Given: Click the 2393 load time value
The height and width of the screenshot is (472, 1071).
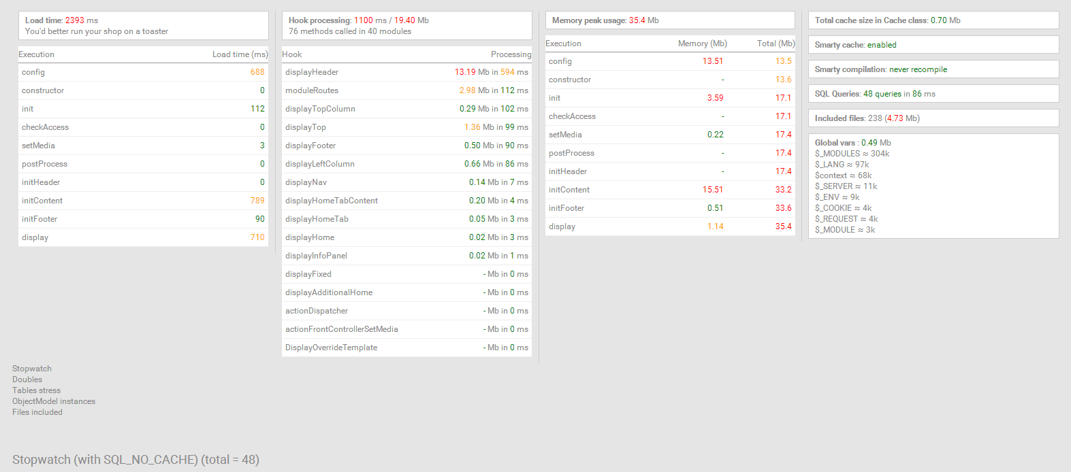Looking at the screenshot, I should (74, 20).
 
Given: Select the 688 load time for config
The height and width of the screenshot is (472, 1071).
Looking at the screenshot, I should (257, 72).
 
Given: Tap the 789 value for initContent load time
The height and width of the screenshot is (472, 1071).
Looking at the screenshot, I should (257, 201).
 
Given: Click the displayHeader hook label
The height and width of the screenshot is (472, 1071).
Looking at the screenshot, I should (312, 72).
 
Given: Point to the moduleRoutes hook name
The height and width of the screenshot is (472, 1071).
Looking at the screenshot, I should (312, 90).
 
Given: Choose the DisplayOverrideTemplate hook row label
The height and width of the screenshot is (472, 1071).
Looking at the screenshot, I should (331, 348).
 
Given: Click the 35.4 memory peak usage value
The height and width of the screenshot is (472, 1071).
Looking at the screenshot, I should (637, 20).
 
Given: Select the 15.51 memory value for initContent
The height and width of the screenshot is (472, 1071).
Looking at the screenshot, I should (713, 190).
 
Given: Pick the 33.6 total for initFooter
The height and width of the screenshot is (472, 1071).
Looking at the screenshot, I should (783, 208).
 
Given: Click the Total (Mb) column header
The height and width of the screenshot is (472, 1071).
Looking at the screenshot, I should (776, 44).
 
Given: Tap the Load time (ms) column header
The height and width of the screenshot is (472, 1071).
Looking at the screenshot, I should (240, 54).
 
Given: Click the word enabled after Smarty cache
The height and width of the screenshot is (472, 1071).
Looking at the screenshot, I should (882, 45).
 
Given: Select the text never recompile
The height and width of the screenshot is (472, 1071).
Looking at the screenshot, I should (918, 69).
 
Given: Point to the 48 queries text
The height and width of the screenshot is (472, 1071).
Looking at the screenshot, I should (882, 94).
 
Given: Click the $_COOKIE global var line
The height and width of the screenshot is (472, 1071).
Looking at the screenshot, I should (843, 208).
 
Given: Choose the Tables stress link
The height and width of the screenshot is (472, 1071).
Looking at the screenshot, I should (36, 390).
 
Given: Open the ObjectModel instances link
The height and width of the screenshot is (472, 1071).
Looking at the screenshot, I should (54, 401).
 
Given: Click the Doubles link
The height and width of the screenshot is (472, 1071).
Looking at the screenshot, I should (27, 380).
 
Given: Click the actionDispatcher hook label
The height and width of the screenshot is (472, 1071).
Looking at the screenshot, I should (317, 311).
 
